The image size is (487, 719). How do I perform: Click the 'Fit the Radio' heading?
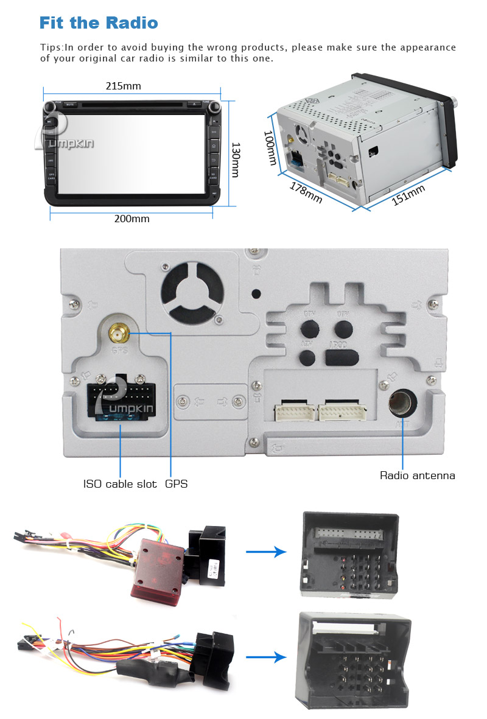99,23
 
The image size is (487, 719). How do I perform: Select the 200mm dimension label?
131,219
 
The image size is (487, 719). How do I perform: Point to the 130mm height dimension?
235,160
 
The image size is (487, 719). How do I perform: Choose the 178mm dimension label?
306,194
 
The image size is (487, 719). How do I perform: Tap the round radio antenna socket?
402,402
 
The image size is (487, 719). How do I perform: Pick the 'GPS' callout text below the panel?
177,484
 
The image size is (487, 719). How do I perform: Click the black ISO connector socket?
118,399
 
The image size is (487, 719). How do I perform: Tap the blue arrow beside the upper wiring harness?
266,552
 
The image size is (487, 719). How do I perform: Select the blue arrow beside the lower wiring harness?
266,657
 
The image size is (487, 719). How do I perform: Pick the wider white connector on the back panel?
340,412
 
